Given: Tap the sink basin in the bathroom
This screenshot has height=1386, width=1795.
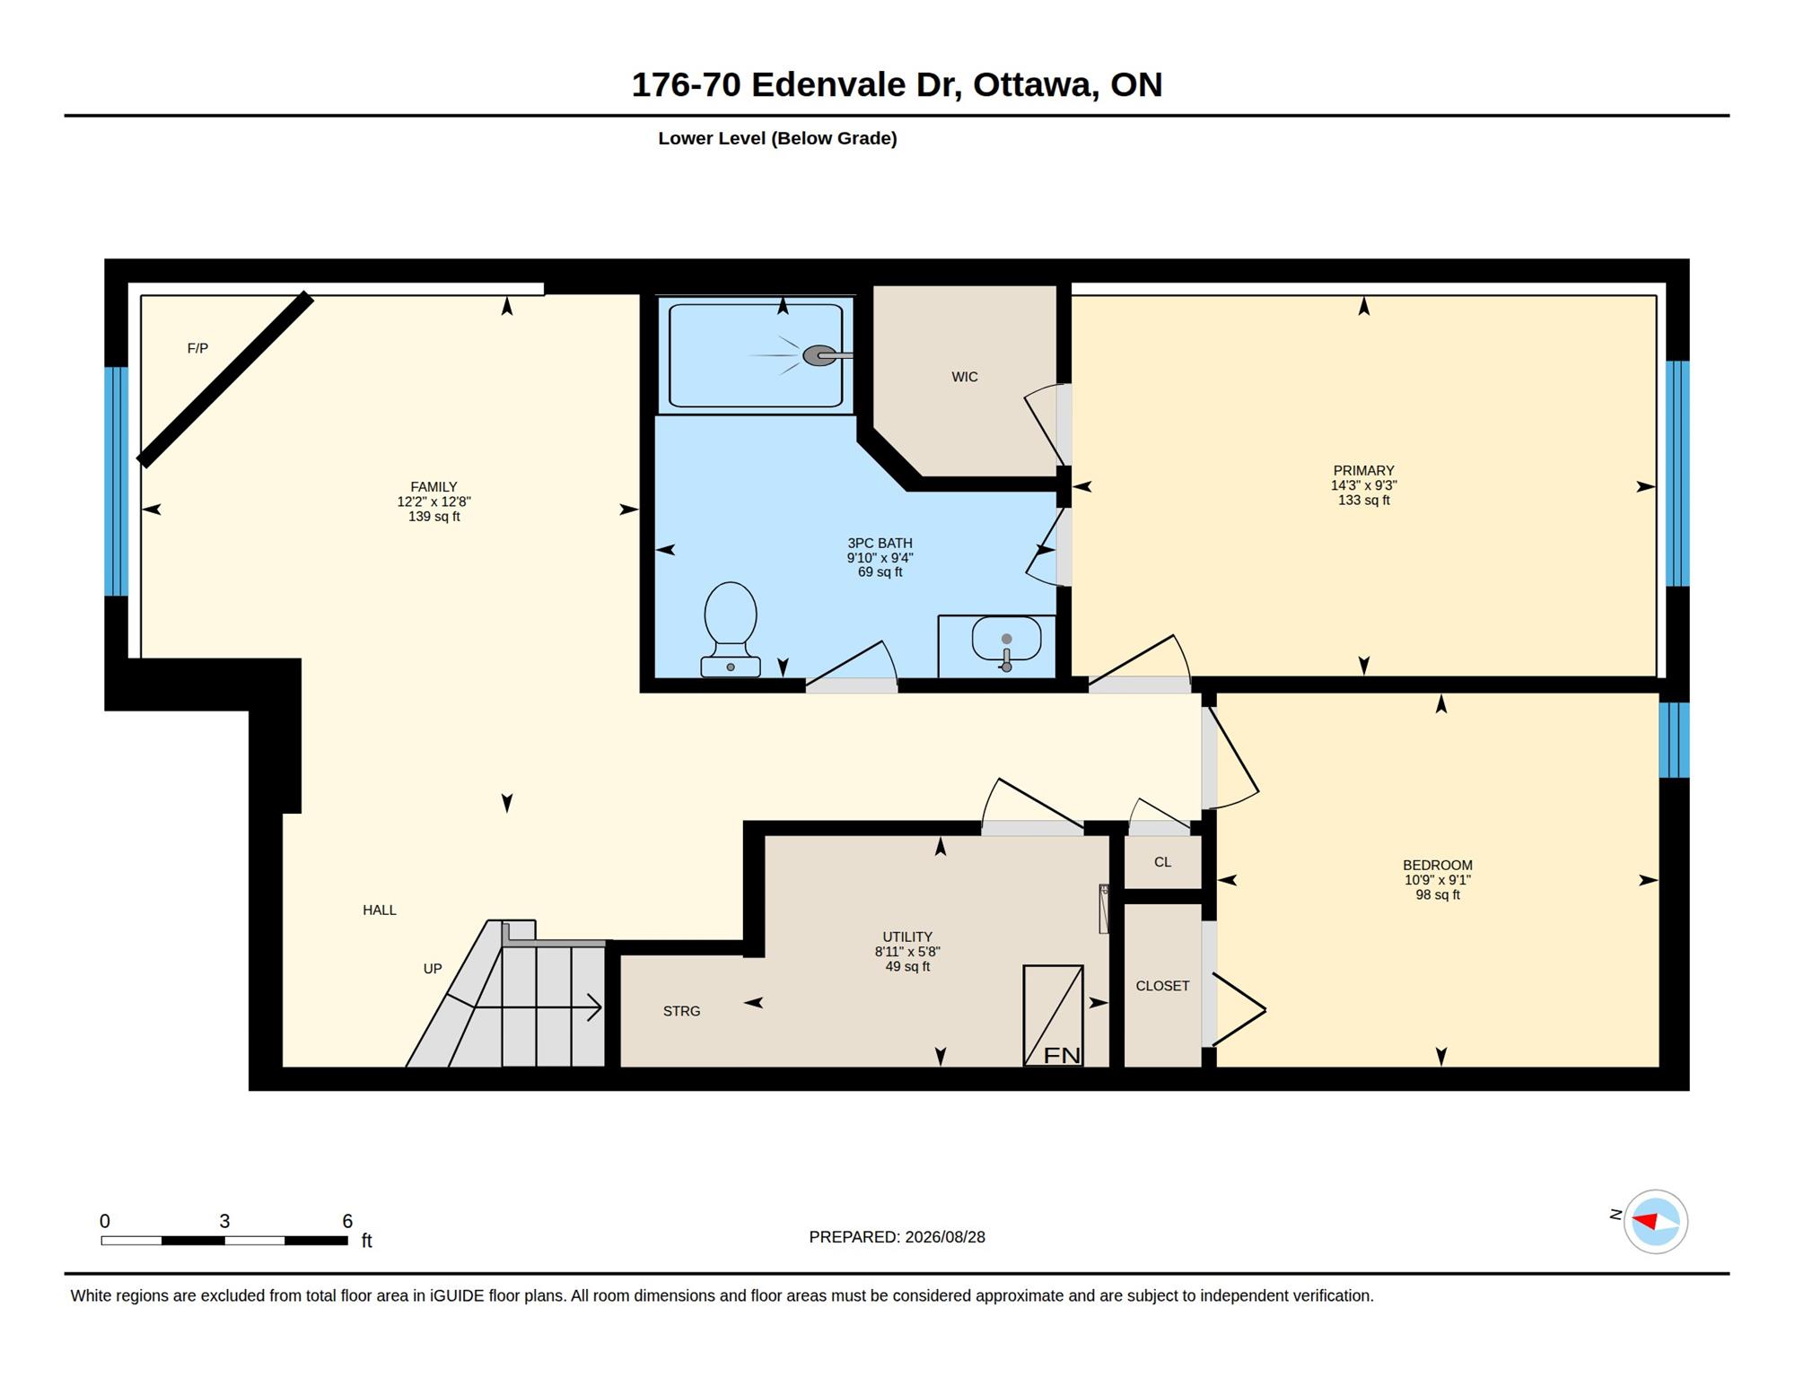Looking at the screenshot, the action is pyautogui.click(x=1006, y=639).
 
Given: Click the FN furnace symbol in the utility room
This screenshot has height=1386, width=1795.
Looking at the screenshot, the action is pyautogui.click(x=1054, y=1016).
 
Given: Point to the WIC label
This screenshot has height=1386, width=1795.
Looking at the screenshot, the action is pyautogui.click(x=965, y=377).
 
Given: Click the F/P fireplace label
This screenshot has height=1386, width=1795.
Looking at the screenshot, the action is pyautogui.click(x=197, y=348).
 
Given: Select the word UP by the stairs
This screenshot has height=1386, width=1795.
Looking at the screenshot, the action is pyautogui.click(x=433, y=969).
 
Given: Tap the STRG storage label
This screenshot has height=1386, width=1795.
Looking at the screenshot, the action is pyautogui.click(x=681, y=1011).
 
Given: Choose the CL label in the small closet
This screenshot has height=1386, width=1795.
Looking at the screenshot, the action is pyautogui.click(x=1162, y=862).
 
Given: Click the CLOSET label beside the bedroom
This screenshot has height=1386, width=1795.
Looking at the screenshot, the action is pyautogui.click(x=1162, y=986).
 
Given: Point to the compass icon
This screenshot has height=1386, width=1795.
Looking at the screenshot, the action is pyautogui.click(x=1655, y=1221).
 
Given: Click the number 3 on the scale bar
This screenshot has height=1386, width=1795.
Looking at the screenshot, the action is pyautogui.click(x=224, y=1221).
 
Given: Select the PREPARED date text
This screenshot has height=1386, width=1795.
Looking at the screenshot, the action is pyautogui.click(x=897, y=1237).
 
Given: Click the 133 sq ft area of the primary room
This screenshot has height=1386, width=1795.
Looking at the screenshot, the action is pyautogui.click(x=1363, y=501).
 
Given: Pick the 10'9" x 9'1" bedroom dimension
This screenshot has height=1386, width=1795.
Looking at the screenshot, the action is pyautogui.click(x=1437, y=880).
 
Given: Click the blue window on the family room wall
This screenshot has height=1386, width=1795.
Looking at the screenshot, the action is pyautogui.click(x=116, y=481).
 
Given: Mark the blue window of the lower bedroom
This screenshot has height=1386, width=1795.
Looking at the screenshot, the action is pyautogui.click(x=1674, y=740).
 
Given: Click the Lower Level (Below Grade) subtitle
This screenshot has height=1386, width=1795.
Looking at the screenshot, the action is pyautogui.click(x=777, y=138).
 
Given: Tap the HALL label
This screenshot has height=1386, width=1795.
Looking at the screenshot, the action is pyautogui.click(x=380, y=910).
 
